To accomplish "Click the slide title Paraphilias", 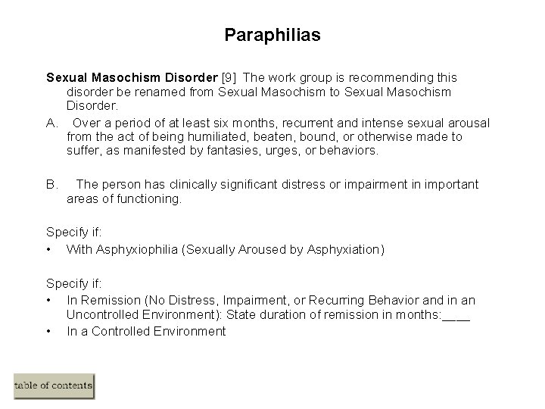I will coord(272,35).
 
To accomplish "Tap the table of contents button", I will coord(54,386).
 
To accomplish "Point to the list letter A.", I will coord(52,123).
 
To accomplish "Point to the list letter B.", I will coord(52,184).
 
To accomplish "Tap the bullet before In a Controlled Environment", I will coord(48,331).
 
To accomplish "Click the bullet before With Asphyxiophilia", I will coord(48,248).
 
